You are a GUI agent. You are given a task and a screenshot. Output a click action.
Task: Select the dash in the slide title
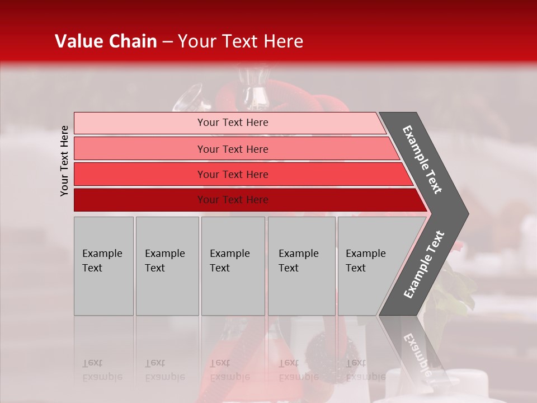(167, 42)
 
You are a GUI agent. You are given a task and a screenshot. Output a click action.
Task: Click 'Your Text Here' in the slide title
(241, 41)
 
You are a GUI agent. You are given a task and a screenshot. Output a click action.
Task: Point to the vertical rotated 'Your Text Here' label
(64, 161)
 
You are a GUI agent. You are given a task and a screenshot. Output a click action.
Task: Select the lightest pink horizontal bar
(140, 123)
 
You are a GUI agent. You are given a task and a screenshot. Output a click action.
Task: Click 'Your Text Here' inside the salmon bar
(233, 149)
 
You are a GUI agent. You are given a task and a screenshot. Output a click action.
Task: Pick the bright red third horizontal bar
(140, 174)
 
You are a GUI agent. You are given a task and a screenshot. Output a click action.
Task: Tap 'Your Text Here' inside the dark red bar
(233, 200)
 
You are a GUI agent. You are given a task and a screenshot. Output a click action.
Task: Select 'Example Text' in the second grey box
(164, 261)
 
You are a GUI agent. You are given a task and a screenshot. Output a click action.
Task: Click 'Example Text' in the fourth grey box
(299, 261)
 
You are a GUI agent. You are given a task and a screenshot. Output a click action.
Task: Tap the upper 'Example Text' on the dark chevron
(422, 160)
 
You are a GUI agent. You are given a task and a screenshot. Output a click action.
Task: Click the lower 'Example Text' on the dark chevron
(424, 265)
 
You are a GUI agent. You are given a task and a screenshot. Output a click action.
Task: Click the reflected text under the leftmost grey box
(102, 370)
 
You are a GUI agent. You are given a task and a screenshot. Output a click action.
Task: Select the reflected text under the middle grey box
(229, 370)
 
